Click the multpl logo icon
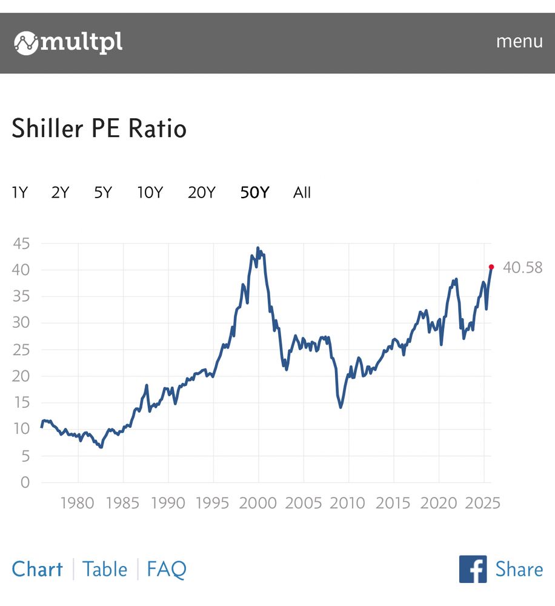[x=26, y=43]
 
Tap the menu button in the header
[x=519, y=41]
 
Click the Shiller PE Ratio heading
[x=99, y=128]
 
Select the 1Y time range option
[x=19, y=193]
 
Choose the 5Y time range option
[x=103, y=193]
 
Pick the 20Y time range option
[x=201, y=193]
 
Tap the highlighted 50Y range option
[x=254, y=193]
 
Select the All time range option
[x=302, y=193]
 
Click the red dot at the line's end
[x=491, y=267]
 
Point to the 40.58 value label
[x=522, y=267]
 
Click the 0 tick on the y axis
[x=25, y=482]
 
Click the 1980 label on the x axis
[x=78, y=503]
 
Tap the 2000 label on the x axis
[x=258, y=503]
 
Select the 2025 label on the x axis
[x=483, y=503]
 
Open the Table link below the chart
[x=105, y=569]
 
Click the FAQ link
[x=167, y=569]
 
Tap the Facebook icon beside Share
[x=473, y=569]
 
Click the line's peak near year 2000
[x=258, y=248]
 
